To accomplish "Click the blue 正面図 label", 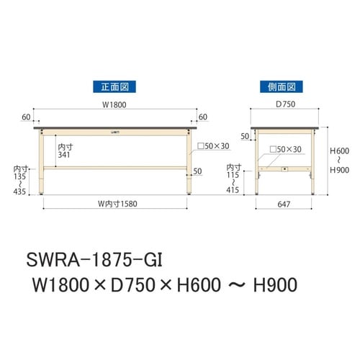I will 114,87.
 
